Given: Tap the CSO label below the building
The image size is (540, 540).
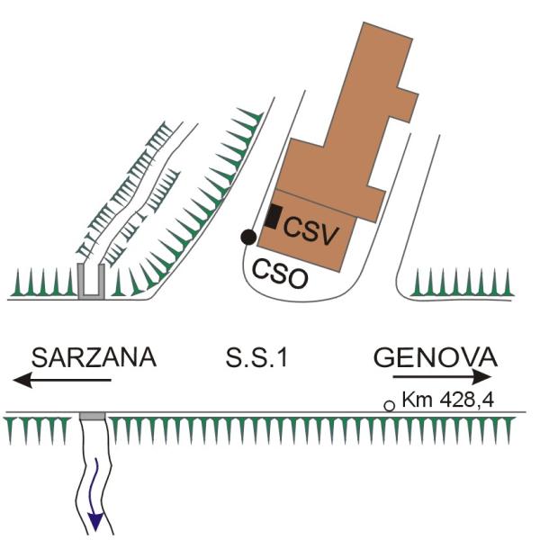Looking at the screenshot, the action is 280,274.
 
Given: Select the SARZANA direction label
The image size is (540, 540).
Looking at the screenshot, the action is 94,357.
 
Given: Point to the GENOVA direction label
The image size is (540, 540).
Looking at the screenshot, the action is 436,357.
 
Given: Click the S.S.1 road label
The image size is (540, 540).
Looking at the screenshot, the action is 256,357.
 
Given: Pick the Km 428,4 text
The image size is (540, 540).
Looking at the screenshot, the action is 448,400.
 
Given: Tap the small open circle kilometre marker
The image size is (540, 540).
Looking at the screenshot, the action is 389,406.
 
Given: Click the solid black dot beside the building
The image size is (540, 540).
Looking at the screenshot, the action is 248,237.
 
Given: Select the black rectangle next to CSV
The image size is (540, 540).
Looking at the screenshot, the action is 273,216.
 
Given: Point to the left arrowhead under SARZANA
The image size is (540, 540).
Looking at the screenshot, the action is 22,380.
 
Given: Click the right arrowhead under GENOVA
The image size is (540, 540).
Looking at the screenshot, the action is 481,377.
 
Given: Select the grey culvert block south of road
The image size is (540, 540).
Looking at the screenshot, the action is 92,416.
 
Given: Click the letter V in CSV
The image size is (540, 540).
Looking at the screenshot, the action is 328,235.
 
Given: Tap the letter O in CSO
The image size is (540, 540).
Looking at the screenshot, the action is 298,279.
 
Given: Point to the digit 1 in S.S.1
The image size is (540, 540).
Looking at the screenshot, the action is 283,357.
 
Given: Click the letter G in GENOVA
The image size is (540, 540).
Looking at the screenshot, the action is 383,357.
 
